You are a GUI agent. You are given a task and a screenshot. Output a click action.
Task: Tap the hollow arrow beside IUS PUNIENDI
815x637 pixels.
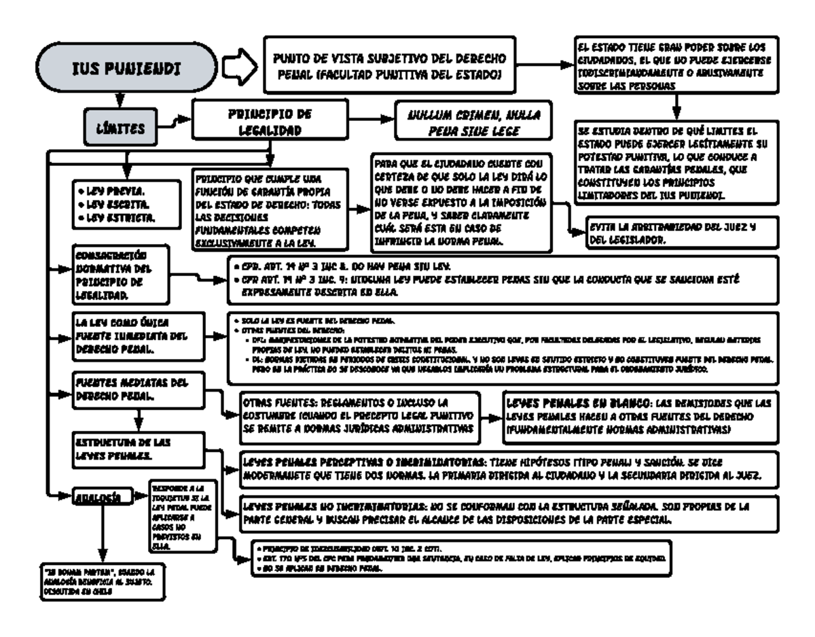238,67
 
